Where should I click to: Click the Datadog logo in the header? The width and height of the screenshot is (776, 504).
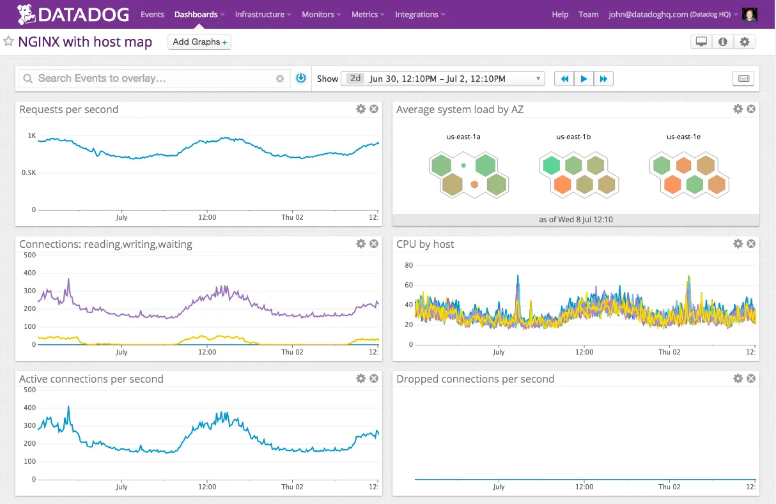point(73,14)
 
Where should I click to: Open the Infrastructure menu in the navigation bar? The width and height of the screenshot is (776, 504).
point(263,14)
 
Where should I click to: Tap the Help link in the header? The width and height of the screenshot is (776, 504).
point(560,14)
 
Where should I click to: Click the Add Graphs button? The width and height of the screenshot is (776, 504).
point(199,42)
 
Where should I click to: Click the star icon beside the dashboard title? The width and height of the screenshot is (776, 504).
point(9,42)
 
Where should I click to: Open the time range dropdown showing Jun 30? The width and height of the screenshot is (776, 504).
point(442,79)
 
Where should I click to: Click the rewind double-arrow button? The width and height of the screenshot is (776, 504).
point(564,79)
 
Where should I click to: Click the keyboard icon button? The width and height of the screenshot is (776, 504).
point(743,79)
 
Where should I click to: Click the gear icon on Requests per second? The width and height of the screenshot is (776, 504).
point(361,109)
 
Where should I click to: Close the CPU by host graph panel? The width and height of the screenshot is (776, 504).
point(751,244)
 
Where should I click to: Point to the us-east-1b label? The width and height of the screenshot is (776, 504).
point(573,137)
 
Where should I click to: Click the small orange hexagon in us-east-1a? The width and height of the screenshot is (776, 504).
point(474,185)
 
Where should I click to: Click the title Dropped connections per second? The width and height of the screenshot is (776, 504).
point(475,379)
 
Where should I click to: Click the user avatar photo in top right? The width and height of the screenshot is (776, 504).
point(750,15)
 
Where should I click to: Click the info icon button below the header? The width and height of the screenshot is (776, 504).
point(723,42)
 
